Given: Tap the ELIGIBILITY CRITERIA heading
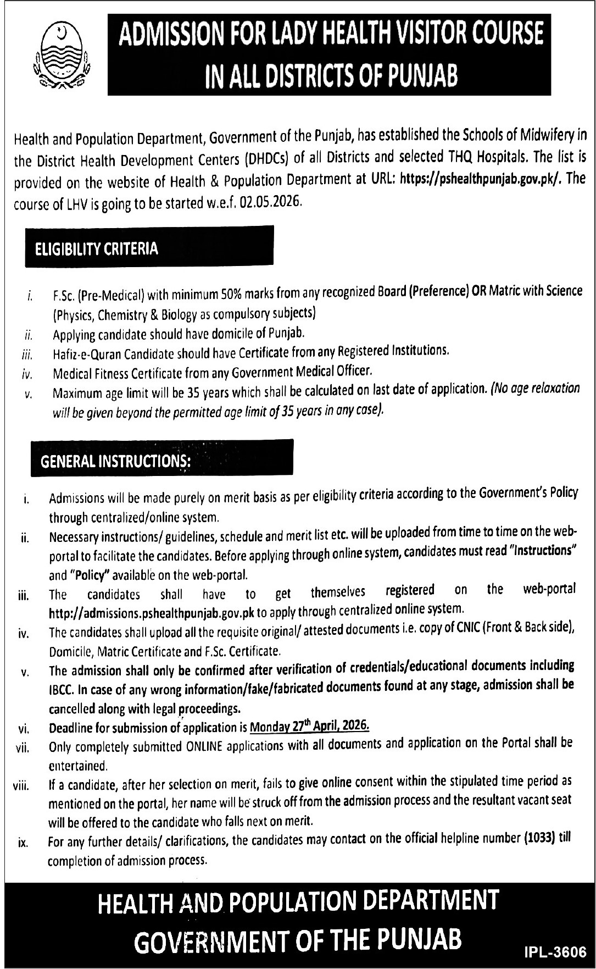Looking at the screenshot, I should pos(97,249).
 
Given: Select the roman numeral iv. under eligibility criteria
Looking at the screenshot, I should pos(27,375).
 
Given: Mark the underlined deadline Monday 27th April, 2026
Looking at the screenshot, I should pos(309,726).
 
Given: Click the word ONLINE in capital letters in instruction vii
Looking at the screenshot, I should pos(204,746).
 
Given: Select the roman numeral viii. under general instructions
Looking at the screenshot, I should pos(21,786).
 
